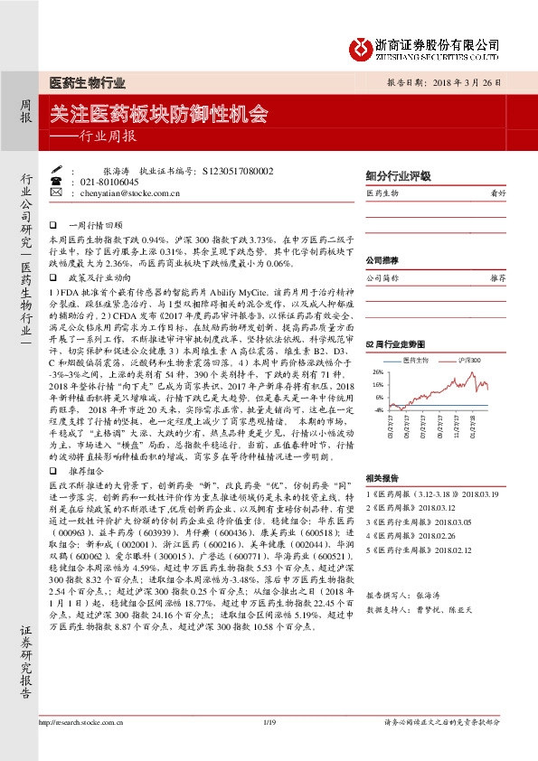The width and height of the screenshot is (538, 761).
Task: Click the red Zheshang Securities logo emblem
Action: click(362, 45)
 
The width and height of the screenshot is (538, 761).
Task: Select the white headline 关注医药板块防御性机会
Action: click(159, 115)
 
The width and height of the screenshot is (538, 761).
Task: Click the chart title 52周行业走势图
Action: click(393, 344)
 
